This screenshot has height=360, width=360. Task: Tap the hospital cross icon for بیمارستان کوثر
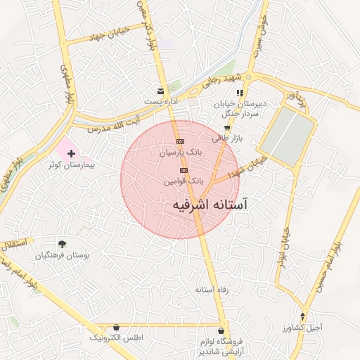click(71, 153)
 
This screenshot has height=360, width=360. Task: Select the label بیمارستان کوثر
click(71, 165)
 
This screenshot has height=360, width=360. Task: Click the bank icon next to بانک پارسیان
click(180, 141)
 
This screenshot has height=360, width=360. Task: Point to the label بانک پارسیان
click(181, 152)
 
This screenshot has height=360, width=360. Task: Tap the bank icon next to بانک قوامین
click(184, 170)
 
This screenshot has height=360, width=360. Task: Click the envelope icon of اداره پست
click(161, 91)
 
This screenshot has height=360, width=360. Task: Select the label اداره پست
click(160, 102)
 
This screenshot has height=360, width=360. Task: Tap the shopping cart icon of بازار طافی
click(226, 128)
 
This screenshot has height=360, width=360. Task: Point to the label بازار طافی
click(229, 139)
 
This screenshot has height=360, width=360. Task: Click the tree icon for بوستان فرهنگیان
click(63, 243)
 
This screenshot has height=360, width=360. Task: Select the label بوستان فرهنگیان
click(63, 255)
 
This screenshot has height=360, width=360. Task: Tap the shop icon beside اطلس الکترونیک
click(116, 327)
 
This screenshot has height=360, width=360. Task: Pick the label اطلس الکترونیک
click(116, 338)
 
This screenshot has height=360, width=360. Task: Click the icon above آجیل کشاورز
click(303, 316)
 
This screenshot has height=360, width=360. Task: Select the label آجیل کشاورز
click(303, 328)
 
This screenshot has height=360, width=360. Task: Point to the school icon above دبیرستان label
click(240, 92)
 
